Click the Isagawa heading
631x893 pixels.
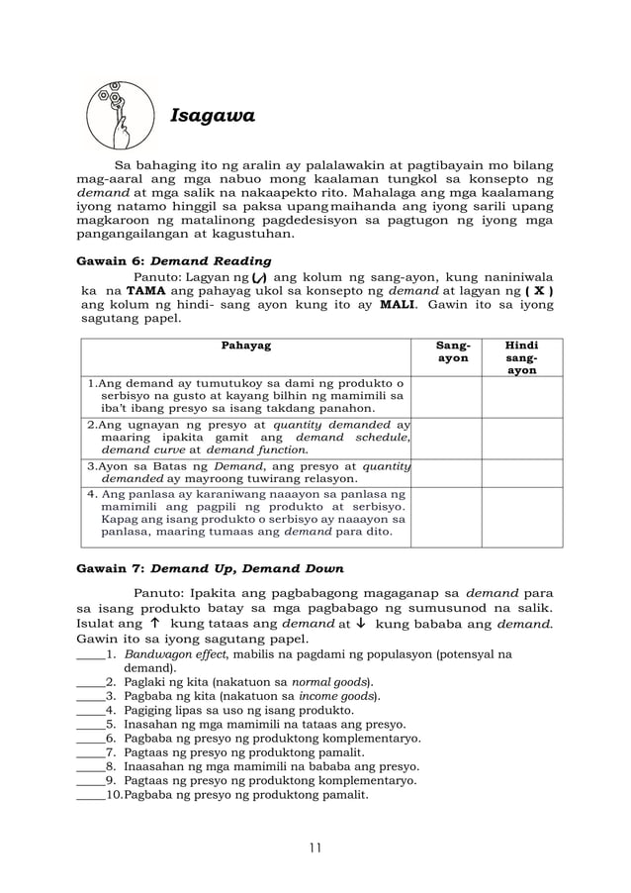coord(213,116)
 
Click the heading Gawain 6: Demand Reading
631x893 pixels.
coord(173,262)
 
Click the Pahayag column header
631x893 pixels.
coord(246,346)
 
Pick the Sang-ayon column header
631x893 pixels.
coord(453,351)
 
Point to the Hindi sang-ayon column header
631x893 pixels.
coord(522,356)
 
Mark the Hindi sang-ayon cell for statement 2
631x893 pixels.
coord(522,437)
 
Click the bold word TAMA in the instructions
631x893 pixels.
coord(145,292)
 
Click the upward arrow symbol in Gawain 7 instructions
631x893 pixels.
coord(154,625)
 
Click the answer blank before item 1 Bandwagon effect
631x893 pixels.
coord(89,654)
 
